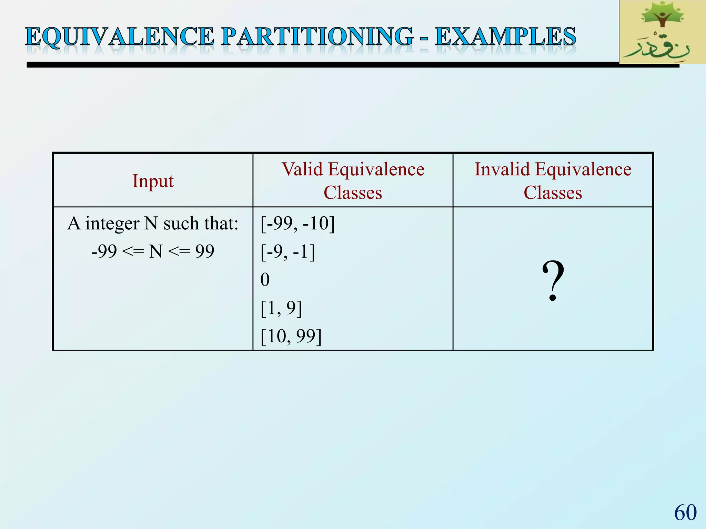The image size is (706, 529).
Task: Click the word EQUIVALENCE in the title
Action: coord(120,37)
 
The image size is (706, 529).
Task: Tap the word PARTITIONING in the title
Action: coord(317,37)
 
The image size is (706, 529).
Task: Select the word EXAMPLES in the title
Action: coord(505,37)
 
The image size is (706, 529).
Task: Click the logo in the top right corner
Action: coord(662,32)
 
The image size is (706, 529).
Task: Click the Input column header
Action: coord(153,181)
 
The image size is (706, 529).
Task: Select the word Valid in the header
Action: coord(302,169)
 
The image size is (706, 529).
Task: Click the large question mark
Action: coord(553,281)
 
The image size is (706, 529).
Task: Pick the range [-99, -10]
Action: coord(297,223)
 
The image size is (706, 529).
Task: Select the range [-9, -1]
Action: coord(288,251)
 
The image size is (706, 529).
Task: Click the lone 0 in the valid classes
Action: coord(265,280)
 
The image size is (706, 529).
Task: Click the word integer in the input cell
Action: coord(112,224)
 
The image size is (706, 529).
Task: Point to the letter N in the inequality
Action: coord(156,251)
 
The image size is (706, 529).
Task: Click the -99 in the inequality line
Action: coord(104,251)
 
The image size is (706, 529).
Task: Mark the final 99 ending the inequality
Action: coord(205,251)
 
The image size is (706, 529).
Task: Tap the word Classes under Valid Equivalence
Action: coord(353,193)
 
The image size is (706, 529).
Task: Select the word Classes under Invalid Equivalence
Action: coord(553,193)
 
